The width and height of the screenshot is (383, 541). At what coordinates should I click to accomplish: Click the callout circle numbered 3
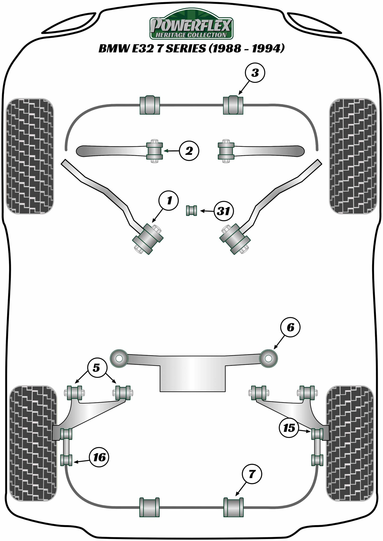tap(255, 73)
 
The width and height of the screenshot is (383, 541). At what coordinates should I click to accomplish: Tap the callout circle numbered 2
tap(189, 151)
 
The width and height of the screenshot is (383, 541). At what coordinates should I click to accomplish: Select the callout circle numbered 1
tap(169, 201)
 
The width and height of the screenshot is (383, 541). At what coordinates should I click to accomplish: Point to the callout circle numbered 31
tap(223, 211)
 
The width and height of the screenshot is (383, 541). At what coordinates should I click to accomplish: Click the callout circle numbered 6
tap(290, 328)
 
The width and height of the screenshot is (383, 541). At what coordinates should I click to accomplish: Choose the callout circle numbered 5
tap(96, 368)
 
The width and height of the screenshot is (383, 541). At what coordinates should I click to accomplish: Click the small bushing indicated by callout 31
tap(191, 211)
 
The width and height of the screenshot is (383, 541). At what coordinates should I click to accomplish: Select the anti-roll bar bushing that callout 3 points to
tap(233, 105)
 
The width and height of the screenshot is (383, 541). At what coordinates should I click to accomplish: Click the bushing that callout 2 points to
tap(155, 151)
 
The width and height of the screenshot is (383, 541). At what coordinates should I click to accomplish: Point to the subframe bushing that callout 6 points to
tap(268, 359)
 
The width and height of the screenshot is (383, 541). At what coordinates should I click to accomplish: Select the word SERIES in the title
tap(185, 49)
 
